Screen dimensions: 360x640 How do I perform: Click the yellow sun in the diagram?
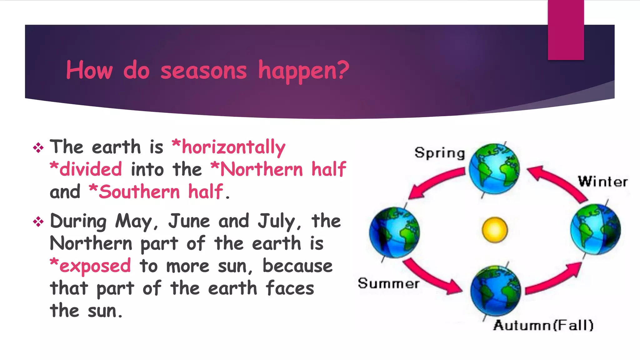(495, 230)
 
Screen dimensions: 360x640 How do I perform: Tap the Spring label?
(440, 153)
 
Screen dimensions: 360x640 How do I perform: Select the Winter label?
(602, 182)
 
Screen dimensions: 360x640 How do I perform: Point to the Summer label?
(388, 283)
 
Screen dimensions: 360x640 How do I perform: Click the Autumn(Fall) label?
(543, 325)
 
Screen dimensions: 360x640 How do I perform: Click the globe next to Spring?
(494, 169)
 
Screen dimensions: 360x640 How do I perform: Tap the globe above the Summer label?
(394, 232)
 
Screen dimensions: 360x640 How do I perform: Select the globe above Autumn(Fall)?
(496, 291)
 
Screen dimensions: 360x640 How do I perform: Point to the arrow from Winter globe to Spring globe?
(558, 181)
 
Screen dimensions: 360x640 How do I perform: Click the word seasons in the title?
(203, 71)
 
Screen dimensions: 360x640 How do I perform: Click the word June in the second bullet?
(189, 221)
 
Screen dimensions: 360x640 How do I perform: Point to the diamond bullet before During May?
(38, 222)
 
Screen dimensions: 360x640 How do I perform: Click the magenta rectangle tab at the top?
(566, 30)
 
